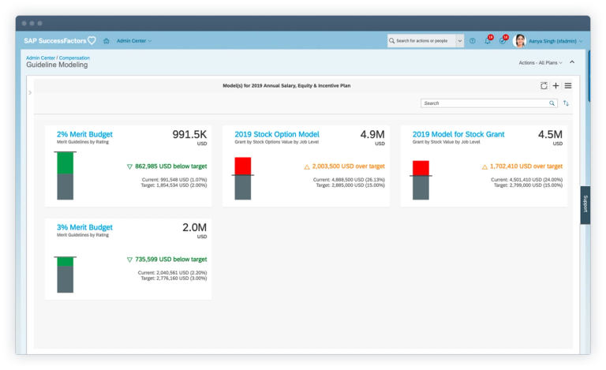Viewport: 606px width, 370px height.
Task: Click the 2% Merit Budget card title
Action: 85,135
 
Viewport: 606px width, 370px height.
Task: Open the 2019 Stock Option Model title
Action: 277,135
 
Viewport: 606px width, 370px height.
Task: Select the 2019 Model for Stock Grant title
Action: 458,135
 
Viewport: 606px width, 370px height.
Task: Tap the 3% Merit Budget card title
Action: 85,227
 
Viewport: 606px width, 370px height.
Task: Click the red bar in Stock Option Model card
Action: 242,166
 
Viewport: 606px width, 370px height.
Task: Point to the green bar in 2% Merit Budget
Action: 65,163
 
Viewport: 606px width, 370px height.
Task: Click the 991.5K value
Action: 189,134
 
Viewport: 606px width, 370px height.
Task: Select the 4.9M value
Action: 372,134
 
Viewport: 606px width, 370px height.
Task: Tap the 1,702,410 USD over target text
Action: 527,166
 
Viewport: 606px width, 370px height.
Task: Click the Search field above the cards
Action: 484,103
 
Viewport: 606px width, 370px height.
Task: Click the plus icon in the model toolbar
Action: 555,85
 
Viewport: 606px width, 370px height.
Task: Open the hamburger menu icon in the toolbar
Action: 567,85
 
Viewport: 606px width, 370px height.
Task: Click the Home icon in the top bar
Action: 107,41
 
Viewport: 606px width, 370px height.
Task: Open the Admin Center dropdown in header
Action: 134,41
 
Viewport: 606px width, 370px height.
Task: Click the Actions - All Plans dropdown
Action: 541,62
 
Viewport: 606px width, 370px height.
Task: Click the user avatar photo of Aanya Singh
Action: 519,40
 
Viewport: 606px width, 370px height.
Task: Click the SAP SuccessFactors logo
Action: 59,41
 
